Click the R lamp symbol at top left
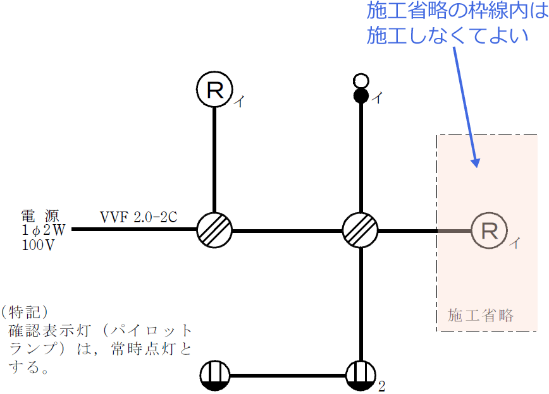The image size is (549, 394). coord(215,90)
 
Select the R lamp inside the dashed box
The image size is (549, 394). coord(490,230)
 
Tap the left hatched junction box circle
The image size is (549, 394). coord(214,230)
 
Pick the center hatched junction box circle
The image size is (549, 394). coord(360,230)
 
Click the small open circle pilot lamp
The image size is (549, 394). coord(361,81)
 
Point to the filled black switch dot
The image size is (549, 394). coord(361,96)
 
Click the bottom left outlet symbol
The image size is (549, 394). coord(215,376)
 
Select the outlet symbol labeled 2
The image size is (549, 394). coord(361,376)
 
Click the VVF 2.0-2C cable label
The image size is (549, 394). coord(139,217)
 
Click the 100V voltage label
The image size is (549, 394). coord(37,244)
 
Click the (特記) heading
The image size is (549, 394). coord(25,312)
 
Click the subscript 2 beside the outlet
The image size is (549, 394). coord(381,386)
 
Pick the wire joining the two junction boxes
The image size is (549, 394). coord(287,230)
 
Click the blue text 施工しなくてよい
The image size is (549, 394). coord(448,35)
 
